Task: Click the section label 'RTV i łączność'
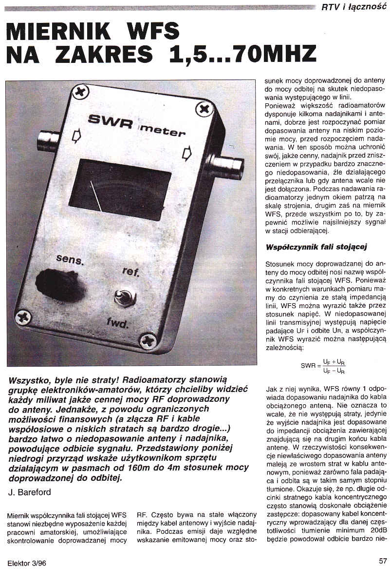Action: coord(353,7)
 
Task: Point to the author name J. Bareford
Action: coord(30,492)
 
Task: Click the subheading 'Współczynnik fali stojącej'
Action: coord(316,247)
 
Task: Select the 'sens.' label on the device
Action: coord(70,259)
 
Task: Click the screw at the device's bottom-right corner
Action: coord(147,339)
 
